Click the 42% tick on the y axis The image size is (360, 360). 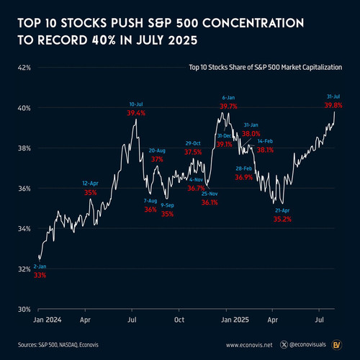(24, 68)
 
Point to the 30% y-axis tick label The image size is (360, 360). (24, 310)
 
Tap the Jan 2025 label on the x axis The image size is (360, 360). (235, 320)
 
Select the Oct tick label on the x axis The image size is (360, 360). (179, 320)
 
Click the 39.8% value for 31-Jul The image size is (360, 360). (333, 105)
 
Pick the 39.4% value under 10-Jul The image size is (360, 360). (136, 113)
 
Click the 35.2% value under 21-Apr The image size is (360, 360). (282, 219)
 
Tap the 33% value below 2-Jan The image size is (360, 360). (40, 275)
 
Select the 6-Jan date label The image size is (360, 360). (228, 98)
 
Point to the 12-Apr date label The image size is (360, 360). (90, 184)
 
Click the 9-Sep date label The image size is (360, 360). (167, 205)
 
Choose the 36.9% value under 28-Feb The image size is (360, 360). (244, 177)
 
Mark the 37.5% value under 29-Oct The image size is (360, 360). (193, 152)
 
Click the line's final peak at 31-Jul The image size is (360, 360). (335, 112)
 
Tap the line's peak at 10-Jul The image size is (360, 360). (136, 120)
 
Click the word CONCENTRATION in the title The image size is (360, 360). (253, 23)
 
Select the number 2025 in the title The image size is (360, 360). (183, 40)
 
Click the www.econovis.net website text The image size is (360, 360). (249, 345)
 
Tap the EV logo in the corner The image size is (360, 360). (337, 345)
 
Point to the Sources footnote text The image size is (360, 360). (58, 345)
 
